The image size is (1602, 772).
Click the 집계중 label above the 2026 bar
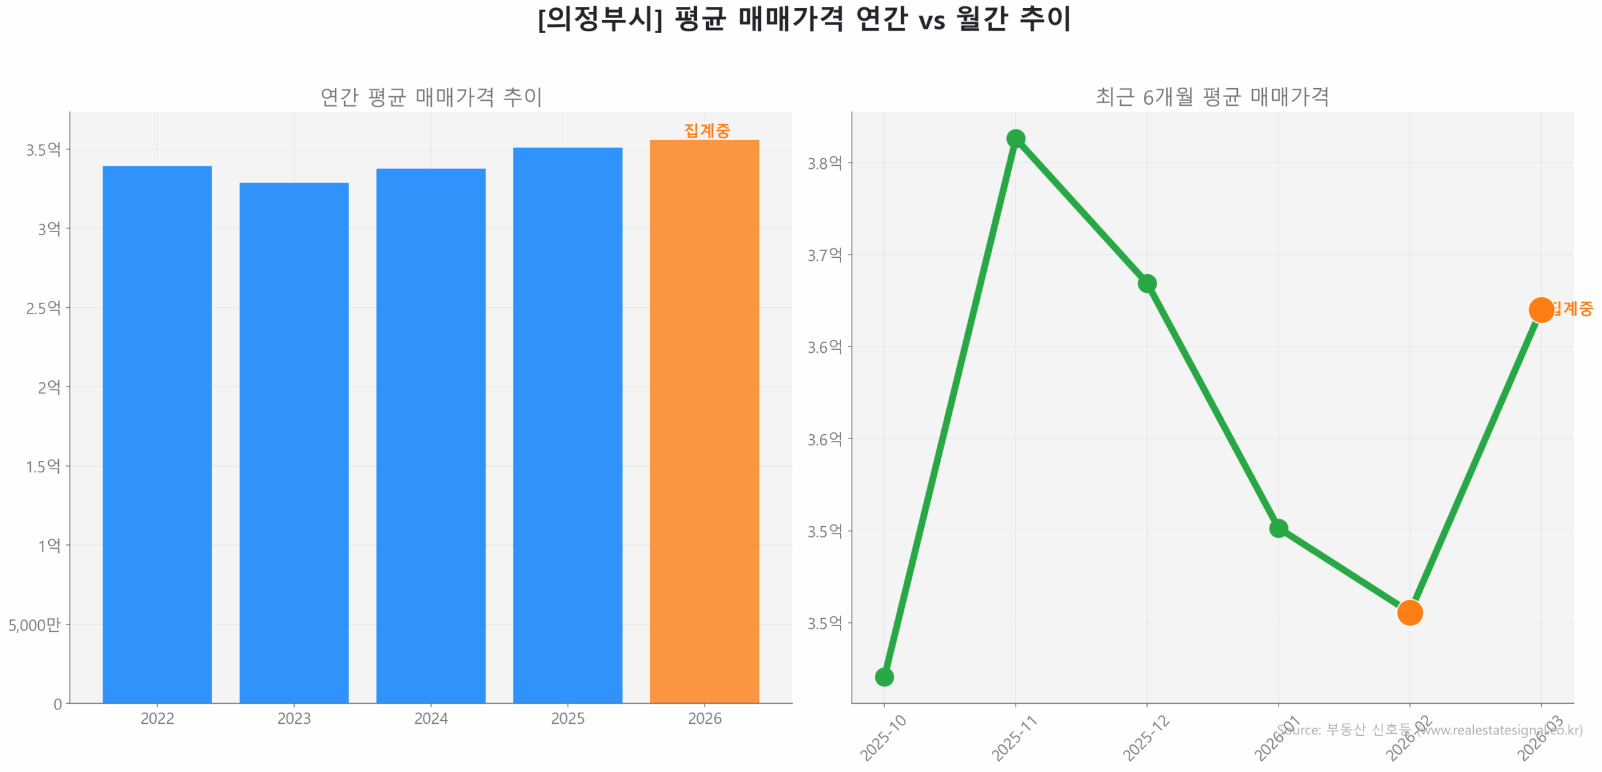pos(707,130)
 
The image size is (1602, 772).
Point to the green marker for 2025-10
pos(884,676)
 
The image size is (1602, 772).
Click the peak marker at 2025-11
pos(1015,138)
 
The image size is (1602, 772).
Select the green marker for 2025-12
pos(1146,283)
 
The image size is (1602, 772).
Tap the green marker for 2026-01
pos(1278,528)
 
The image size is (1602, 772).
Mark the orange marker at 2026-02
pos(1409,612)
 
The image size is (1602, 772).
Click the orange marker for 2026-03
pos(1541,310)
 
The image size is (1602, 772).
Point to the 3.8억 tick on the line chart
pos(824,163)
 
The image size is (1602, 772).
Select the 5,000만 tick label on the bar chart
pos(34,624)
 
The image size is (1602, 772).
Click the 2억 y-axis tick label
pos(49,387)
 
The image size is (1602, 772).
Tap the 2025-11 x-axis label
pos(1014,738)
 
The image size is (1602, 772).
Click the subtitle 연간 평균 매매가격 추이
pos(431,96)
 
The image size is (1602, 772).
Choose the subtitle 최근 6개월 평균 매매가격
pos(1212,96)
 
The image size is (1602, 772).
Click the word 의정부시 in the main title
pos(600,19)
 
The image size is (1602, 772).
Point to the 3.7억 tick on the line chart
pos(824,255)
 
